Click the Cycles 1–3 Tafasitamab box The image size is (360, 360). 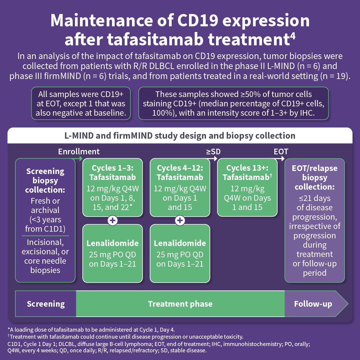tap(113, 187)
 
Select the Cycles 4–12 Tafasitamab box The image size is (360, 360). tap(180, 187)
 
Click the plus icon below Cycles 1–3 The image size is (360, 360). tap(113, 220)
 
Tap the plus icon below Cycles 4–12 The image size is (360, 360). tap(180, 220)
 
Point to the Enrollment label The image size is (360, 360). tap(79, 152)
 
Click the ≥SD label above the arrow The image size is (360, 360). tap(213, 152)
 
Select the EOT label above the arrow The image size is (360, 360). tap(281, 152)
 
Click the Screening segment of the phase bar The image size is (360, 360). tap(46, 304)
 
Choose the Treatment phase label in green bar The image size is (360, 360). tap(180, 304)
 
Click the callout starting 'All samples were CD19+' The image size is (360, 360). tap(80, 103)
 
